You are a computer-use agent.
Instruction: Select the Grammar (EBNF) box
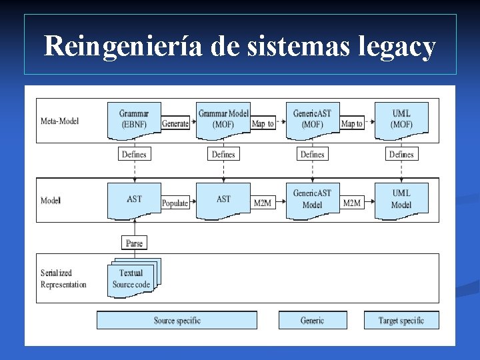click(134, 119)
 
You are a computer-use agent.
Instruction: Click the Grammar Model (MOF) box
click(223, 119)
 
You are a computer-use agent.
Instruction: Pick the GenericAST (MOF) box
click(312, 119)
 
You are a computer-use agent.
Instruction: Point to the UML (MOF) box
click(401, 119)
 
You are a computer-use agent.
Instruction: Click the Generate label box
click(175, 124)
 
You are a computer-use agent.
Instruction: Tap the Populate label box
click(175, 203)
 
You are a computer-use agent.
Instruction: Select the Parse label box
click(134, 243)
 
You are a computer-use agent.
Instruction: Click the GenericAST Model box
click(312, 199)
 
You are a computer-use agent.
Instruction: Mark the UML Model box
click(401, 199)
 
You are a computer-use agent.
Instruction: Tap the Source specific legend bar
click(177, 321)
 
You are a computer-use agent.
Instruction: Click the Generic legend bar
click(312, 321)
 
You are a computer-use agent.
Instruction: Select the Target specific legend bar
click(401, 321)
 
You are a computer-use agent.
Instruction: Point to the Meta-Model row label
click(59, 121)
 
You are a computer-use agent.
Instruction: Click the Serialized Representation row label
click(63, 279)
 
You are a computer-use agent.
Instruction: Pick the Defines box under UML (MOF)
click(401, 154)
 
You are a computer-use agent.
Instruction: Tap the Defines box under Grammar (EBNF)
click(134, 154)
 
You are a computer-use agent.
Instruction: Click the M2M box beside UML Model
click(351, 203)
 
